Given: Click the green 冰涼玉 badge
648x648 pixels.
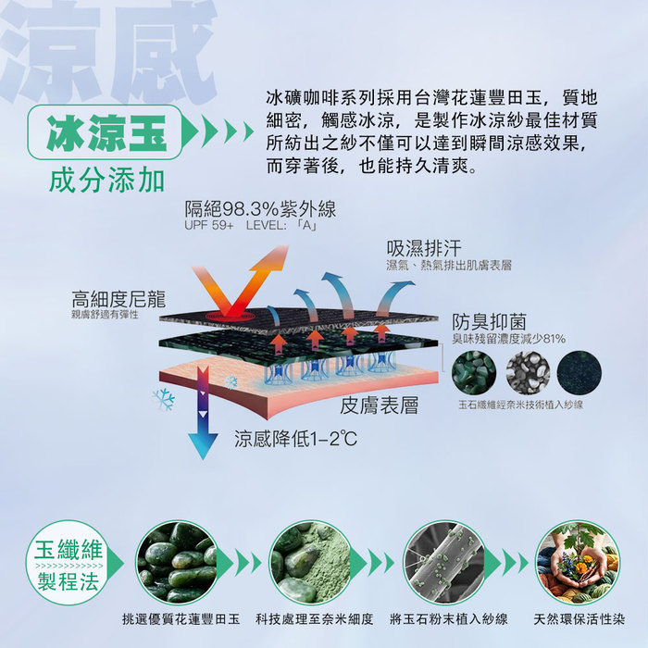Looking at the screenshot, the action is click(x=105, y=132).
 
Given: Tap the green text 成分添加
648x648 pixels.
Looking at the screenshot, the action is click(x=106, y=181).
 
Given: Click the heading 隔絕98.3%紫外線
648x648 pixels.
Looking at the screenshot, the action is click(x=260, y=209).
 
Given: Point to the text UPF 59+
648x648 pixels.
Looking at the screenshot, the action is click(x=208, y=226).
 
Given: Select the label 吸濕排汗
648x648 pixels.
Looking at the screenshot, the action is click(x=424, y=248).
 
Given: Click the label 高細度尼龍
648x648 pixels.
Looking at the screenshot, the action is click(x=118, y=299).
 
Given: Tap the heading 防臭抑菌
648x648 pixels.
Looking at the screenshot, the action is click(x=490, y=322).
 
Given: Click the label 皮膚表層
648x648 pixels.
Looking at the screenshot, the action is click(x=379, y=405).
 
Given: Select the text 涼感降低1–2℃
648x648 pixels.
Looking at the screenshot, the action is click(x=295, y=439).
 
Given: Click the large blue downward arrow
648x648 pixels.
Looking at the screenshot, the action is click(x=203, y=413).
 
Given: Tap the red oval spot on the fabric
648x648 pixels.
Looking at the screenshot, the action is click(x=231, y=317).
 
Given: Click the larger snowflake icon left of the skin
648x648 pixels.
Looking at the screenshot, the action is click(x=164, y=399).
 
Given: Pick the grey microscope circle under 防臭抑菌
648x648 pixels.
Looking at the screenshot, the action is click(x=529, y=373).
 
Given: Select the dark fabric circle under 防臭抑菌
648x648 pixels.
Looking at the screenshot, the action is click(x=579, y=373).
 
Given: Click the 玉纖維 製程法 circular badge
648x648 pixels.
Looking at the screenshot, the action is click(x=69, y=563).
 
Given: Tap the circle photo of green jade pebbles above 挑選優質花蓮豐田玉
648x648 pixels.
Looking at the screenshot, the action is click(x=178, y=563).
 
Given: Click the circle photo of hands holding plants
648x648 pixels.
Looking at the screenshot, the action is click(x=578, y=563).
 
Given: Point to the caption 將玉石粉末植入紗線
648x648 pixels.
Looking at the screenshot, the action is click(x=448, y=619).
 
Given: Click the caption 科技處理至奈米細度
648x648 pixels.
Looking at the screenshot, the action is click(x=315, y=619).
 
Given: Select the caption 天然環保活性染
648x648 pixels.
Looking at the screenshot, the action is click(x=579, y=619).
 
